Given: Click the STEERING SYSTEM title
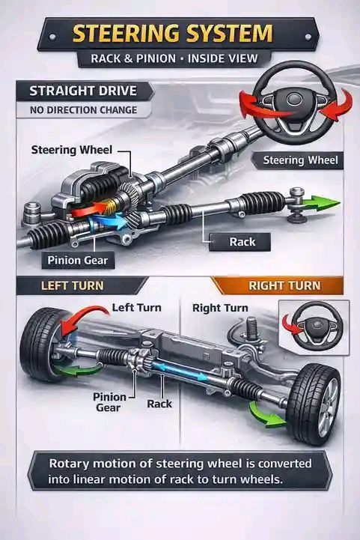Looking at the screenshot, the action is click(172, 34).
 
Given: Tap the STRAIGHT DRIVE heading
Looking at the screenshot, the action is click(83, 91).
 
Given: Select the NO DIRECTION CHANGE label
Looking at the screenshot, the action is click(83, 110).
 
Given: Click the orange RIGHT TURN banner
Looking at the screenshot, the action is click(278, 285).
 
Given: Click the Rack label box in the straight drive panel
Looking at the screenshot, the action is click(240, 242).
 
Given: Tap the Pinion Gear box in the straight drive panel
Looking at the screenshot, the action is click(78, 260).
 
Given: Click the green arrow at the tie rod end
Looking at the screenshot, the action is click(321, 203).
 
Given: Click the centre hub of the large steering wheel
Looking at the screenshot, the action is click(294, 99).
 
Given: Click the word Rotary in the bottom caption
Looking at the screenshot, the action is click(69, 463).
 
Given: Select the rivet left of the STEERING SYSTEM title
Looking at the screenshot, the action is click(52, 37).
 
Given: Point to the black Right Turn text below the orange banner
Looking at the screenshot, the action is click(220, 308).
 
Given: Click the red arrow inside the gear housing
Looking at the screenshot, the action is click(90, 209).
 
